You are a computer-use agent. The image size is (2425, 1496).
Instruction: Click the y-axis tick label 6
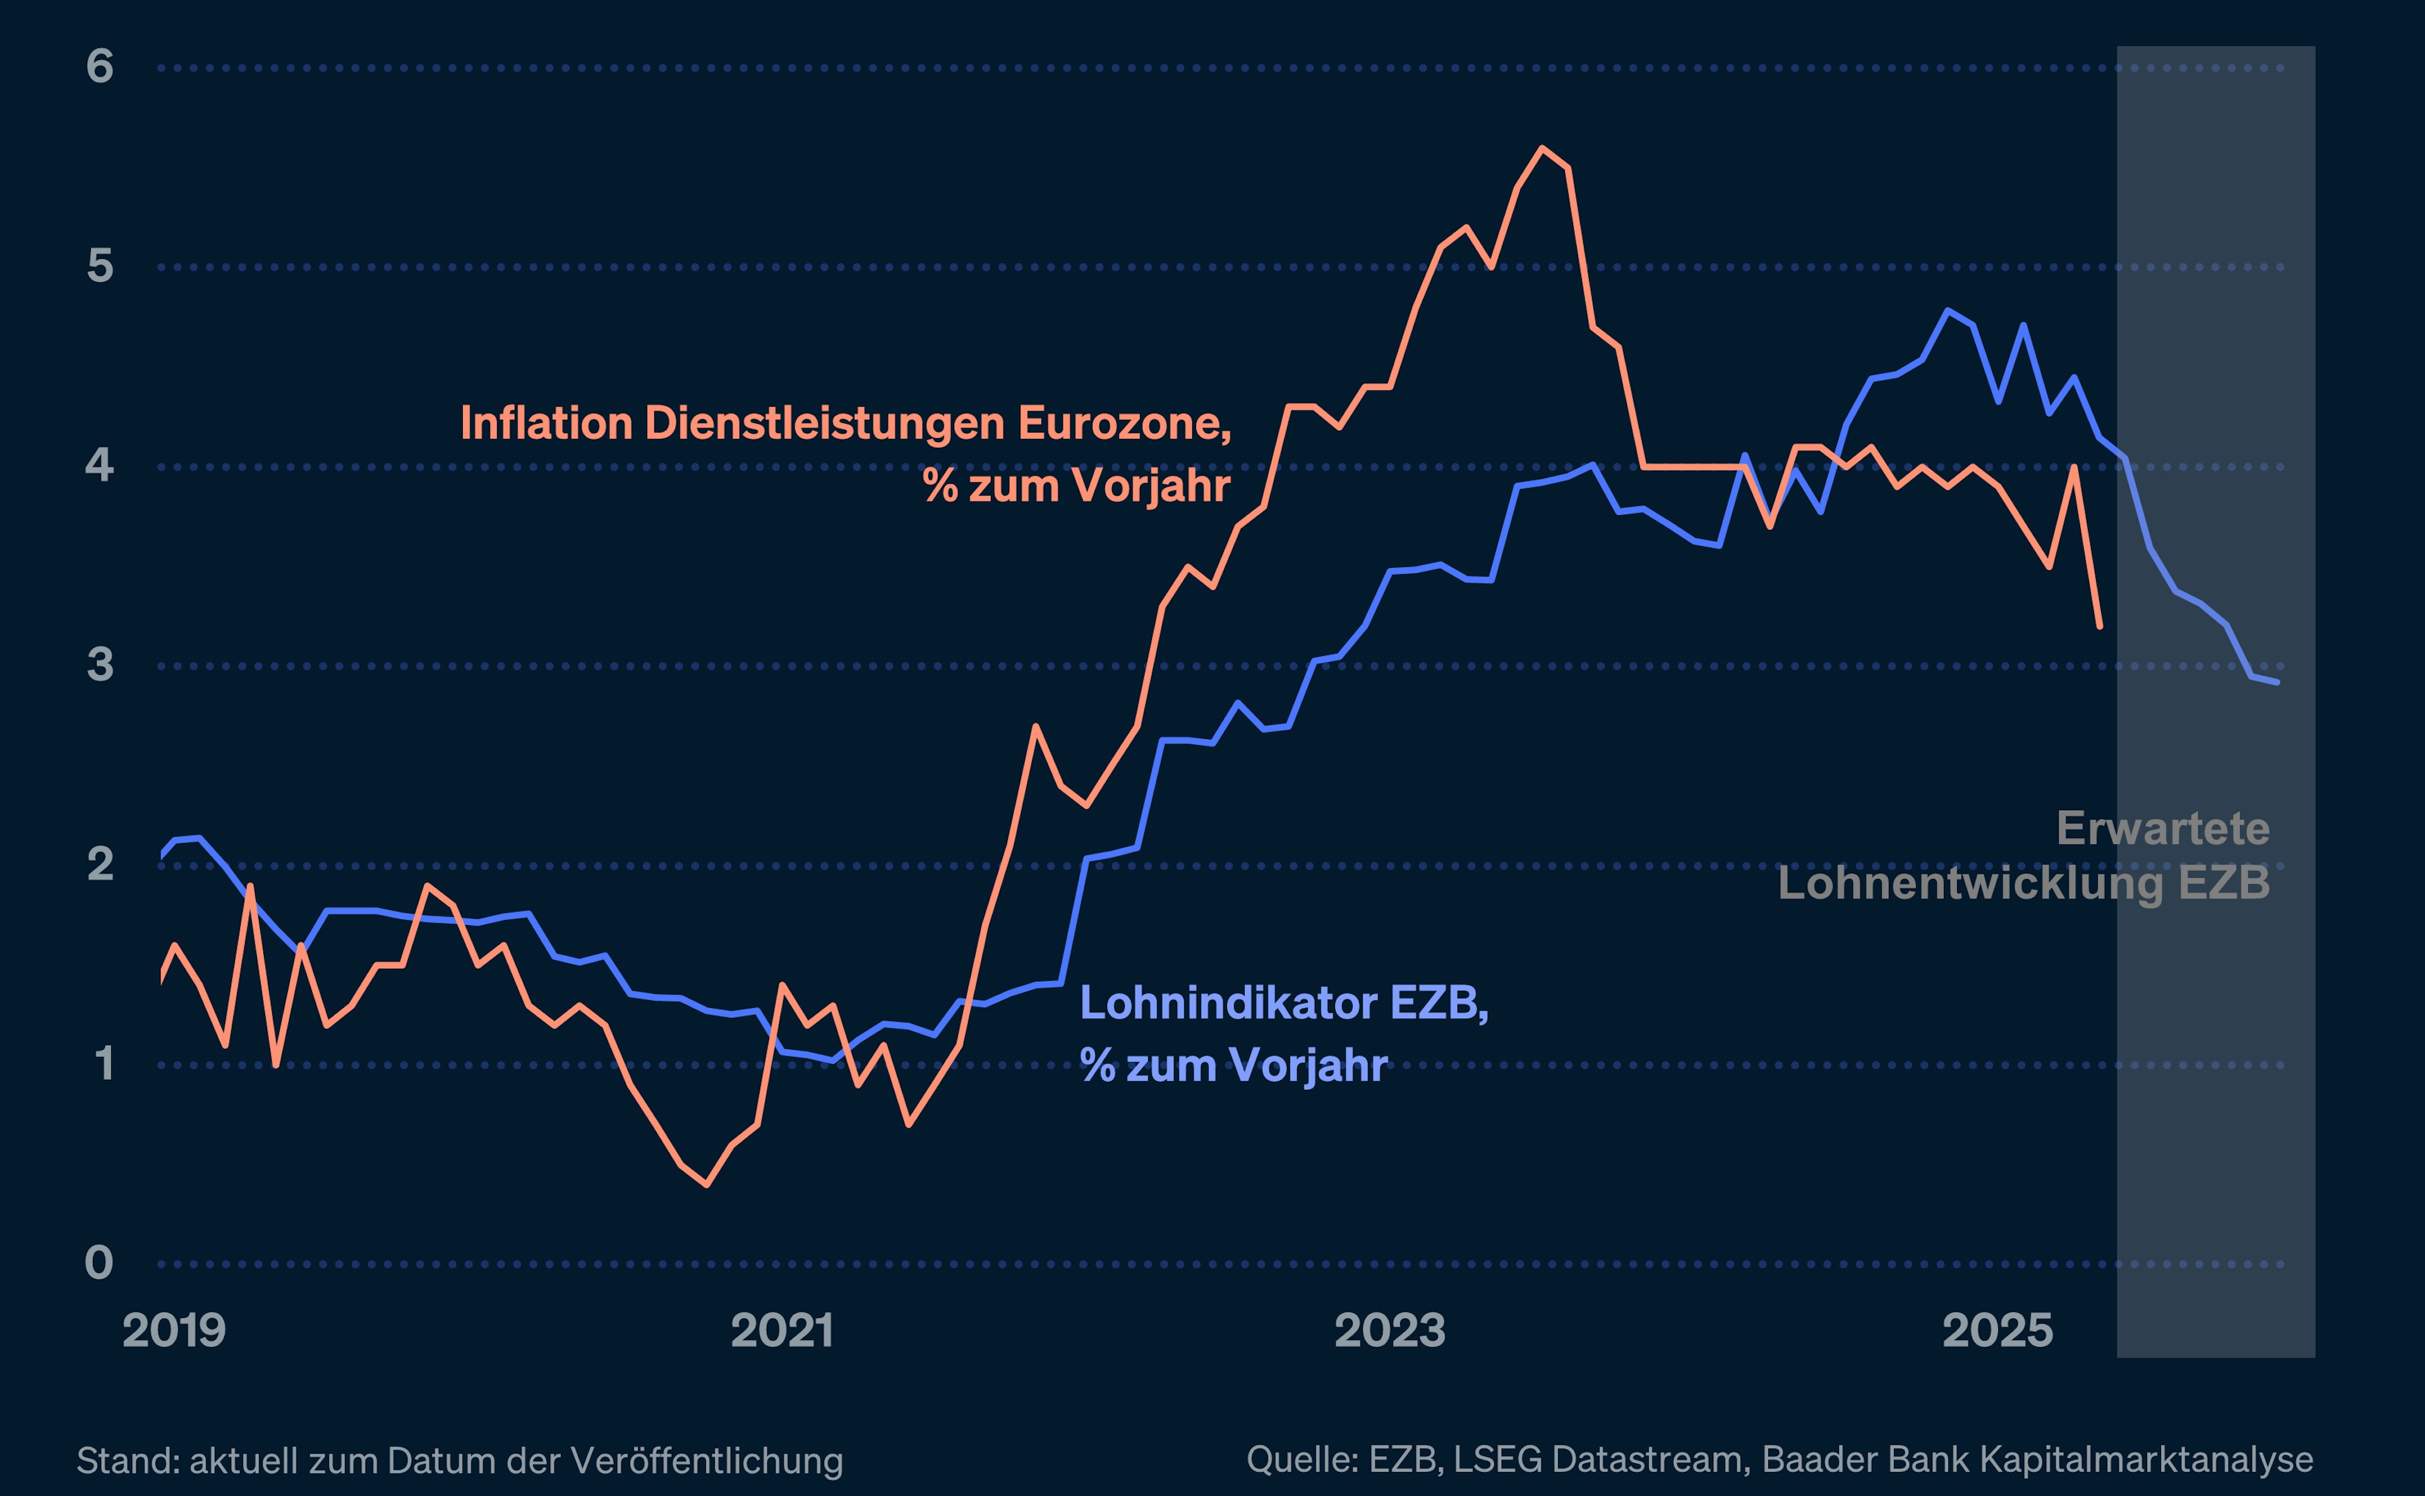point(100,68)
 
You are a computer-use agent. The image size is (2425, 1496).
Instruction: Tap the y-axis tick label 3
point(100,665)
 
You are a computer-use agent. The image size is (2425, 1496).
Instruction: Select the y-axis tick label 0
point(99,1264)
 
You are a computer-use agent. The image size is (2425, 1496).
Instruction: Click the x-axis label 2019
point(174,1331)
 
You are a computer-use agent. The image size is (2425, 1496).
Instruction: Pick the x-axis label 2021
point(782,1331)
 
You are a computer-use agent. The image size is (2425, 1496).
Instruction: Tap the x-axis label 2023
point(1389,1331)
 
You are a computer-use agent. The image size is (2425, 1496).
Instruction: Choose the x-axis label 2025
point(1997,1331)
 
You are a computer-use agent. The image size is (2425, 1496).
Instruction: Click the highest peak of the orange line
point(1542,148)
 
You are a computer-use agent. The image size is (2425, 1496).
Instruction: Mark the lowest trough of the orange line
point(707,1184)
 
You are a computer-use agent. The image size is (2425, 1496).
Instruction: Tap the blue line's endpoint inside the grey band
point(2278,682)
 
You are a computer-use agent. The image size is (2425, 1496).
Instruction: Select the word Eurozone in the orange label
point(1124,424)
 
